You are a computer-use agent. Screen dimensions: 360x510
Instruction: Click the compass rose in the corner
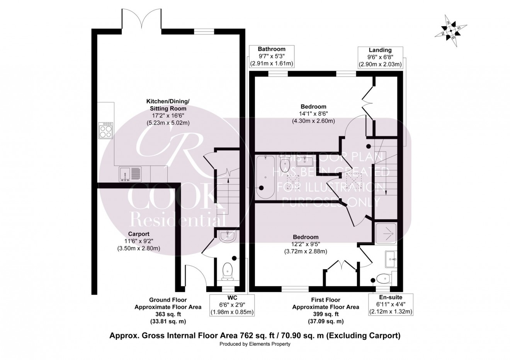click(451, 32)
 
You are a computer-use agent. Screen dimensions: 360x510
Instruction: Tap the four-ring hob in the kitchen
click(106, 130)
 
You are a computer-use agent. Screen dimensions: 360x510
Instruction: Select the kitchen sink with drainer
click(131, 174)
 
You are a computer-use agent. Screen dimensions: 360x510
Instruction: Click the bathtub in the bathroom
click(265, 176)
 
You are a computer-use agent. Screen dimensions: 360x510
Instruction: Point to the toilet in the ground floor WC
click(228, 271)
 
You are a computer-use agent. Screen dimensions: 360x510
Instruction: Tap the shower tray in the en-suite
click(388, 233)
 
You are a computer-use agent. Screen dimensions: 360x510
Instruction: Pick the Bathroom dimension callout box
click(272, 56)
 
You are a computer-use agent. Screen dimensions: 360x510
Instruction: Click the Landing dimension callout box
click(380, 57)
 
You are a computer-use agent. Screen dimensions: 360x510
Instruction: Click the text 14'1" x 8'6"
click(313, 114)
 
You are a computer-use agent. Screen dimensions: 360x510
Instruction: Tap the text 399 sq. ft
click(325, 314)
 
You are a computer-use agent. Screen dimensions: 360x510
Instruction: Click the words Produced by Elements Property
click(255, 344)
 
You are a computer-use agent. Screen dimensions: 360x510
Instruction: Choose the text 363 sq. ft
click(168, 314)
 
